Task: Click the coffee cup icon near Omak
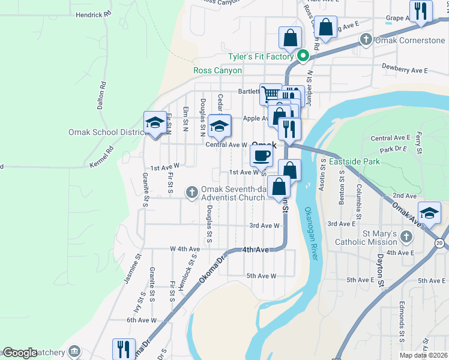261,156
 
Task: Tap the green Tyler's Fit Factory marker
303,57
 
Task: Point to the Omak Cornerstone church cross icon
366,41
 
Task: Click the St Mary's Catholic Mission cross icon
406,237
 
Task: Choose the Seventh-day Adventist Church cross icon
191,192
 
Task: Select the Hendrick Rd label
94,13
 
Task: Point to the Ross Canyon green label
217,70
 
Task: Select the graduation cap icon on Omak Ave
430,213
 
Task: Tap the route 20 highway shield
440,242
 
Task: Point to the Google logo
19,353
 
